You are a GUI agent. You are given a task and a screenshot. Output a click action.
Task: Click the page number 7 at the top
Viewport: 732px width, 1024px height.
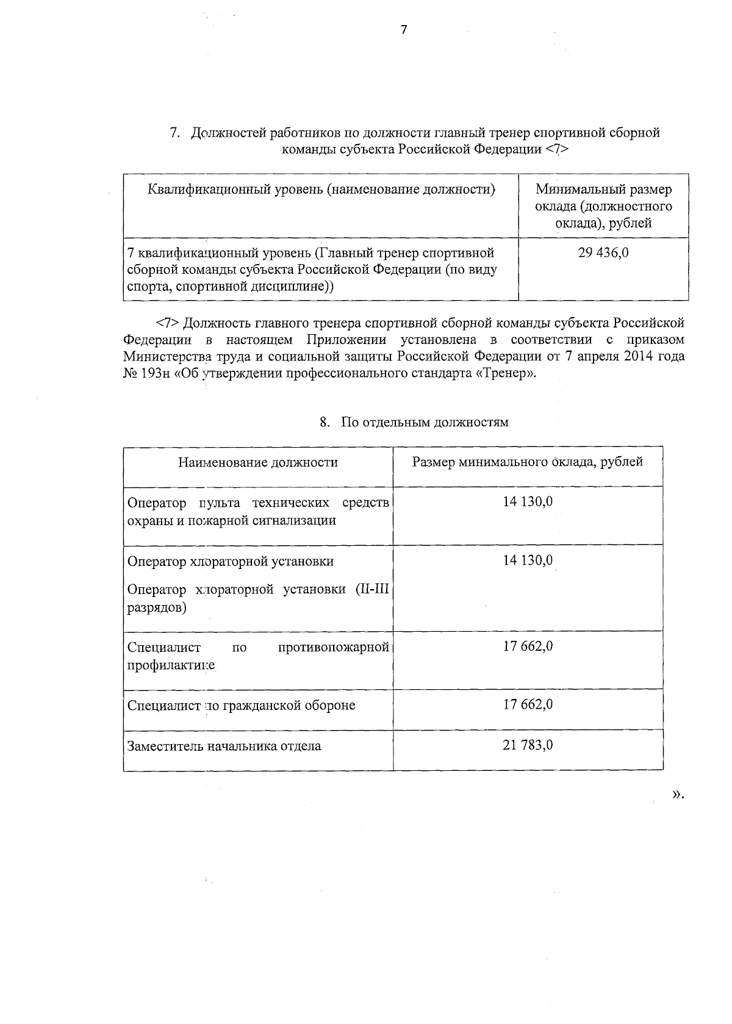pyautogui.click(x=404, y=30)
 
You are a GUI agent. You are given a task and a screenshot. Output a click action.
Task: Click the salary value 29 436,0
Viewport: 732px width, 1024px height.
pyautogui.click(x=603, y=252)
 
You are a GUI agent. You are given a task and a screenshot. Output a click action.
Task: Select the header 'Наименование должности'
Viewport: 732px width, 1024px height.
pyautogui.click(x=258, y=462)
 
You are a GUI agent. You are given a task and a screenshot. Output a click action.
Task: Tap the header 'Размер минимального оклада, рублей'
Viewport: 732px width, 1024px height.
pyautogui.click(x=528, y=462)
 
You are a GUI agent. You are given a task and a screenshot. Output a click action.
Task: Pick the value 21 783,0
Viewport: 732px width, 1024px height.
pyautogui.click(x=528, y=745)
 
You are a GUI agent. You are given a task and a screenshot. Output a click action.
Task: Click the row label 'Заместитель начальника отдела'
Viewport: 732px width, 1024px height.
pyautogui.click(x=224, y=746)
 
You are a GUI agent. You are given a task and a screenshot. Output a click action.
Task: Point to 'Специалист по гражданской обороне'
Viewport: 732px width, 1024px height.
pyautogui.click(x=241, y=706)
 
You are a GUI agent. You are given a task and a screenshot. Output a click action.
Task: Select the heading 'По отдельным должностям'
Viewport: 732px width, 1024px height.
pyautogui.click(x=424, y=422)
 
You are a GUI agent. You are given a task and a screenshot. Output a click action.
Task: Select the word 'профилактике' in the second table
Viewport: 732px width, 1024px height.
pyautogui.click(x=171, y=665)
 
